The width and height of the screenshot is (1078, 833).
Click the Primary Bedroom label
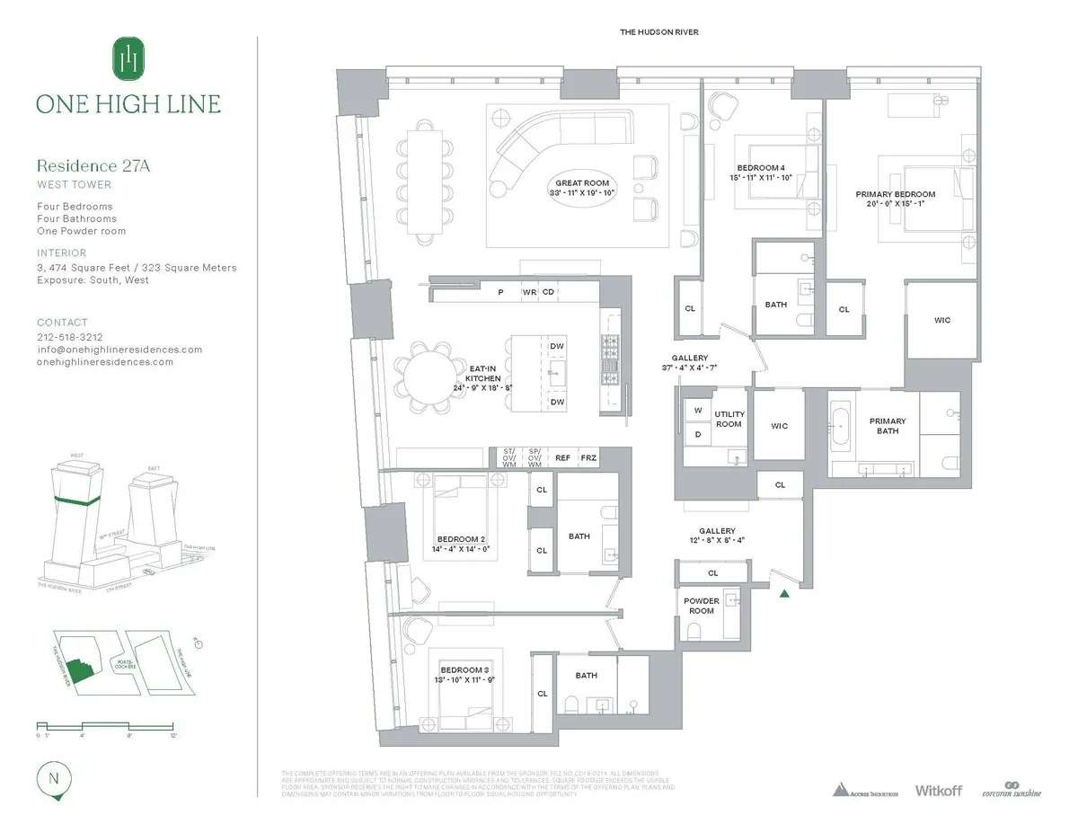coord(895,199)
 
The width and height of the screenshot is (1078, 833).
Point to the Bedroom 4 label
coord(761,173)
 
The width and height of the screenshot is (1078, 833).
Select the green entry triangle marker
coord(785,592)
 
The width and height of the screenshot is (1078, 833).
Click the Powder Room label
coord(702,606)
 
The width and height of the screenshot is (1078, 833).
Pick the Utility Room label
coord(729,419)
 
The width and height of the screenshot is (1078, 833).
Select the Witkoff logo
coord(938,790)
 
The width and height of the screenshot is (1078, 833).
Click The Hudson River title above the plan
coord(658,32)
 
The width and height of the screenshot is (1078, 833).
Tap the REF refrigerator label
coord(563,457)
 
